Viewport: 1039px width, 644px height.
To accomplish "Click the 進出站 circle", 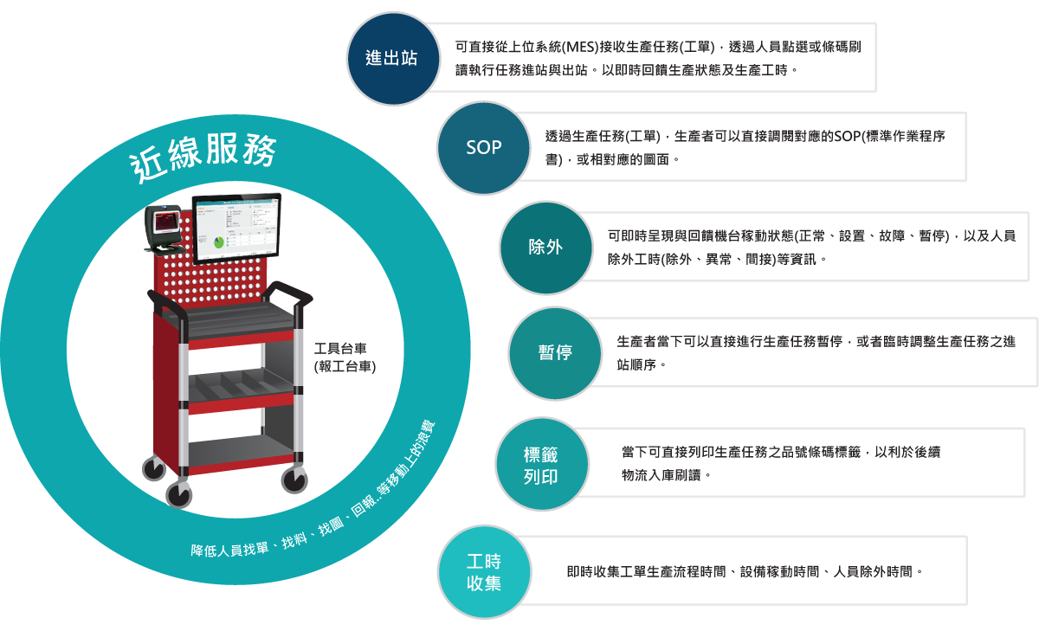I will coord(391,59).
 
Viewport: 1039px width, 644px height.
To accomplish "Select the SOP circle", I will coord(483,147).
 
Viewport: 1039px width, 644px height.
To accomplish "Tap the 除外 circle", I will coord(545,248).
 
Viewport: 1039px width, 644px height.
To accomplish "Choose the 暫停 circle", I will coord(554,352).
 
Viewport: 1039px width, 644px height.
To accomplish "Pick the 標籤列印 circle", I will coord(541,465).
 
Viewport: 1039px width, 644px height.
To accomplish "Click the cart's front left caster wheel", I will coord(179,493).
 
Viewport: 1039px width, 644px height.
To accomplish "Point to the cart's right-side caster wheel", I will coord(294,478).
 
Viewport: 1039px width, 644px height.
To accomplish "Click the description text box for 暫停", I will coord(814,352).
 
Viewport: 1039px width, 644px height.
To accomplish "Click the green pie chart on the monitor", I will coord(219,242).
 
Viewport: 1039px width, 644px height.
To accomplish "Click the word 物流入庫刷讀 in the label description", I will coord(658,474).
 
